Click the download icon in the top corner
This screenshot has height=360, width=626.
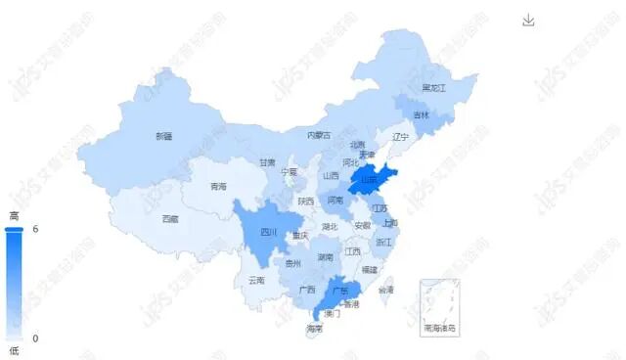(528, 21)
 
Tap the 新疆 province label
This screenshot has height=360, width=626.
(163, 136)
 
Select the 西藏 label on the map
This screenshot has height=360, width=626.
(170, 218)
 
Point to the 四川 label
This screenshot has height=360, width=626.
(269, 233)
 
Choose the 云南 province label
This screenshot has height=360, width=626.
(256, 280)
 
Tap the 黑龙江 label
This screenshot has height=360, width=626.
(433, 88)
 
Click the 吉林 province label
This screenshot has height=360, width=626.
(421, 115)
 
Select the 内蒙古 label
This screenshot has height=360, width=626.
(319, 135)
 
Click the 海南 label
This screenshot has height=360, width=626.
(314, 328)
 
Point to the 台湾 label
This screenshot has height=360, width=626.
(386, 290)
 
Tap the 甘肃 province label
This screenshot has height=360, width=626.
(267, 162)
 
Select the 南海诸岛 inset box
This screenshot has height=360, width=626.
(439, 307)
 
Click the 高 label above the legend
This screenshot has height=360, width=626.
(14, 214)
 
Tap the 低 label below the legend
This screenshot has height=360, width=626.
(14, 350)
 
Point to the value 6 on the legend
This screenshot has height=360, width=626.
(35, 229)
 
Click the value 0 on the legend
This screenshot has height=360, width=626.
(35, 338)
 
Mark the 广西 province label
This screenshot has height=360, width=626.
(306, 290)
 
